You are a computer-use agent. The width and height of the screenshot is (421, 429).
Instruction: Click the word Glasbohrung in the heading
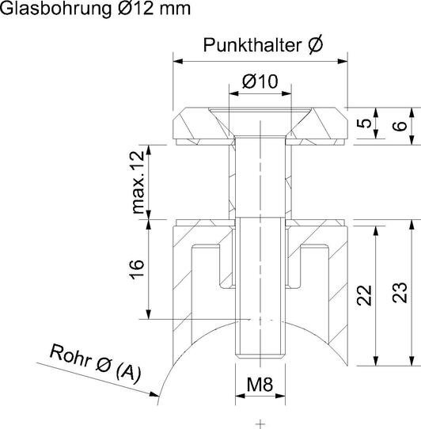(56, 9)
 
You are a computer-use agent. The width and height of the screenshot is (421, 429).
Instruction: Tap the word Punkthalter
(252, 45)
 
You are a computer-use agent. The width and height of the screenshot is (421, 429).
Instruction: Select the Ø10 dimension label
(260, 82)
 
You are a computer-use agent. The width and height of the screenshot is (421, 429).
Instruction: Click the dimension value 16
(137, 269)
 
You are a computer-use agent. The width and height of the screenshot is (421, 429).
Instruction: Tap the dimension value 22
(364, 295)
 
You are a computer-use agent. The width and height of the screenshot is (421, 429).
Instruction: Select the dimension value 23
(400, 293)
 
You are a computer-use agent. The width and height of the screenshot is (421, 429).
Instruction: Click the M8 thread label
(260, 384)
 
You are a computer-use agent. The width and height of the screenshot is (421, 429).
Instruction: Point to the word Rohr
(70, 355)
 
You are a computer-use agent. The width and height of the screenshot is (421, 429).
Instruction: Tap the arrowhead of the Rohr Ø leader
(154, 394)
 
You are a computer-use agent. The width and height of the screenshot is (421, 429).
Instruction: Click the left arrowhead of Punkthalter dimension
(178, 61)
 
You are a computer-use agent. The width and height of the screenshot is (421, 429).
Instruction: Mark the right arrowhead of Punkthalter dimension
(343, 61)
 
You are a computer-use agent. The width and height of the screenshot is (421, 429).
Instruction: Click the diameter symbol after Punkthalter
(315, 44)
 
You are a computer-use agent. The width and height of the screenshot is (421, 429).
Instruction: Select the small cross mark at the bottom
(260, 423)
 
